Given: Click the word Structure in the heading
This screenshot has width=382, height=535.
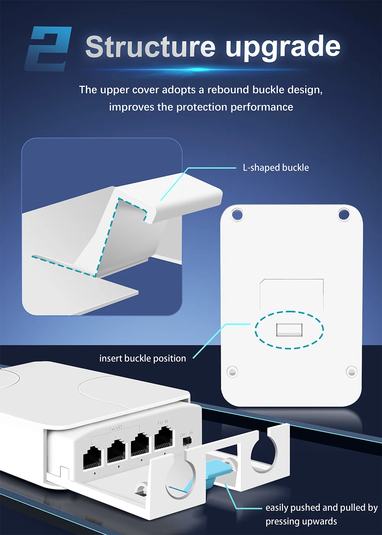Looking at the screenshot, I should [x=151, y=47].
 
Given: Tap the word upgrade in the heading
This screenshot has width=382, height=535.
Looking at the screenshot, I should [x=283, y=47].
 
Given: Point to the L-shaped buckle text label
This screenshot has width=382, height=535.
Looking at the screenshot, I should [x=276, y=168].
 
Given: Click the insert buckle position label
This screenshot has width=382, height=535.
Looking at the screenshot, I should [x=142, y=358].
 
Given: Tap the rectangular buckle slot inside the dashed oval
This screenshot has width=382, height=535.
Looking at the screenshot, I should [x=289, y=330].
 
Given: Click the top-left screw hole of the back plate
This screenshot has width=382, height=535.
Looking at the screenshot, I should [x=237, y=214].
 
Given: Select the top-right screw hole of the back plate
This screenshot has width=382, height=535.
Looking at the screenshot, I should [x=344, y=214].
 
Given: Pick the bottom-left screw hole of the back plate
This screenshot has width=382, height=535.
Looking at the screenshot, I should [x=232, y=371].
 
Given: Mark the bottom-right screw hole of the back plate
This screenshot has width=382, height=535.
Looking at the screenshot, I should [x=351, y=371].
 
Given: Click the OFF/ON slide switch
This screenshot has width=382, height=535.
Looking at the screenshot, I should [x=187, y=441].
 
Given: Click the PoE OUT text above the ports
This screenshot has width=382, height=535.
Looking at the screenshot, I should [x=117, y=428].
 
